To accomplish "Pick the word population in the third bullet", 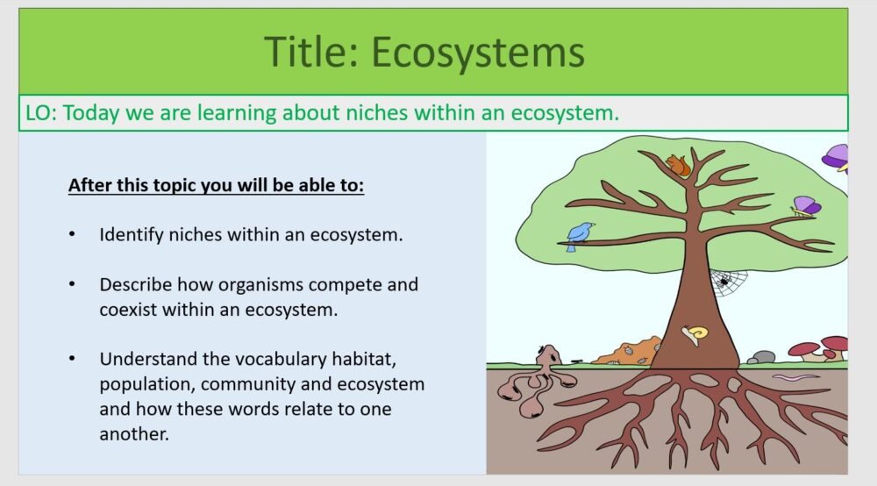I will click(x=141, y=384).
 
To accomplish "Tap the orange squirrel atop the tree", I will click(x=678, y=165).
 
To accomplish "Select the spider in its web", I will click(x=725, y=281).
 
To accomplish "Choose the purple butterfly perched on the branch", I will click(x=805, y=207).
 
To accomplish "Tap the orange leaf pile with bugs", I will click(x=626, y=351).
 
